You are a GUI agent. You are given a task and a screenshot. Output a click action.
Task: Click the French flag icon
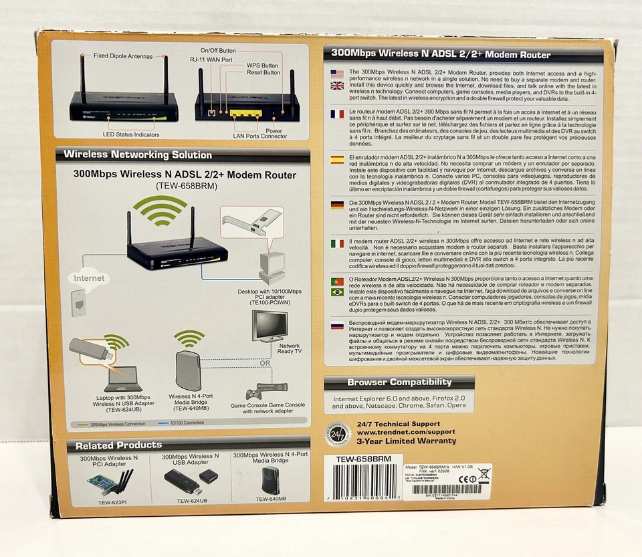click(337, 114)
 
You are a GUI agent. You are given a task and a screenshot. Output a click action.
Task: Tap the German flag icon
click(337, 205)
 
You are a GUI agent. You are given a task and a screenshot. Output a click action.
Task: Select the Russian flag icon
click(337, 326)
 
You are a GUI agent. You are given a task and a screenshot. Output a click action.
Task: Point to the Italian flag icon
click(337, 243)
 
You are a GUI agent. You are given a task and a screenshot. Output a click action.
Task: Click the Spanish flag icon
click(337, 160)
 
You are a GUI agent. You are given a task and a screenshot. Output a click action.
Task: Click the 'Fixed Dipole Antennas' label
click(122, 56)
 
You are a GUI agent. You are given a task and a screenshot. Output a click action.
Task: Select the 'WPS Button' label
click(262, 66)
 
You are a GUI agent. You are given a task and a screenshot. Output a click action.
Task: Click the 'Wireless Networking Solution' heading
click(137, 155)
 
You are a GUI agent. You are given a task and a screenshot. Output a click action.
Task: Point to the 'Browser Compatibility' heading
click(399, 383)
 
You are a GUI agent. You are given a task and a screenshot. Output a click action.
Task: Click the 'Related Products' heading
click(118, 445)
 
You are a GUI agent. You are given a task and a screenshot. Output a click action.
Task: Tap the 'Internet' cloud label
click(89, 277)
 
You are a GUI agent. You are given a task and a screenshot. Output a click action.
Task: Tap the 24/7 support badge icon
click(338, 433)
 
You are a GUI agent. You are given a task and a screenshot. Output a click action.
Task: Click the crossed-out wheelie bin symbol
click(483, 475)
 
